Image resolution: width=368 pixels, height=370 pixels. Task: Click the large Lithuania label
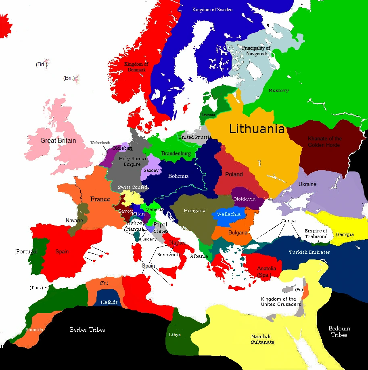click(x=257, y=129)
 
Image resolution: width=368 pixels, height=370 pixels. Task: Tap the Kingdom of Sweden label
click(x=212, y=10)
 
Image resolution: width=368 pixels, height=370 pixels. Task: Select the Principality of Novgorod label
click(x=256, y=51)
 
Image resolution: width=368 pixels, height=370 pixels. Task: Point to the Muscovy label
click(x=279, y=91)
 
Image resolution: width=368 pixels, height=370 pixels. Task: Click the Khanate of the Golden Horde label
click(x=325, y=142)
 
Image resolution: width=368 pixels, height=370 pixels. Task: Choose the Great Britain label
click(x=58, y=141)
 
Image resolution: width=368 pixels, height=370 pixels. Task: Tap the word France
click(x=100, y=199)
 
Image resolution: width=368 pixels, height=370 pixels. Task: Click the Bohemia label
click(x=178, y=176)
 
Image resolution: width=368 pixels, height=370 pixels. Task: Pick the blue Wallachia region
click(x=229, y=215)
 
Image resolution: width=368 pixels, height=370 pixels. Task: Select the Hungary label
click(x=194, y=211)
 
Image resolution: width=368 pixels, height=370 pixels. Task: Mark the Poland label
click(x=234, y=174)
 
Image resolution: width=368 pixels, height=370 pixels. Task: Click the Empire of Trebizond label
click(x=316, y=234)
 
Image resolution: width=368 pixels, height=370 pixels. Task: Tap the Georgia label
click(x=345, y=234)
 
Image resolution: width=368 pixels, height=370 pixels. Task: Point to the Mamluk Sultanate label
click(x=262, y=339)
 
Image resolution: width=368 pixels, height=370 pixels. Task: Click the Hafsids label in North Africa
click(x=109, y=301)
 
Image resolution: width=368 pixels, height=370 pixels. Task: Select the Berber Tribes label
click(x=88, y=330)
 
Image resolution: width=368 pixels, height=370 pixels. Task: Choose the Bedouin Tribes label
click(x=339, y=332)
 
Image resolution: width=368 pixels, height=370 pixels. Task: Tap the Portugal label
click(x=27, y=251)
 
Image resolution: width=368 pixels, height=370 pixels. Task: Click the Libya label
click(x=175, y=335)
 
